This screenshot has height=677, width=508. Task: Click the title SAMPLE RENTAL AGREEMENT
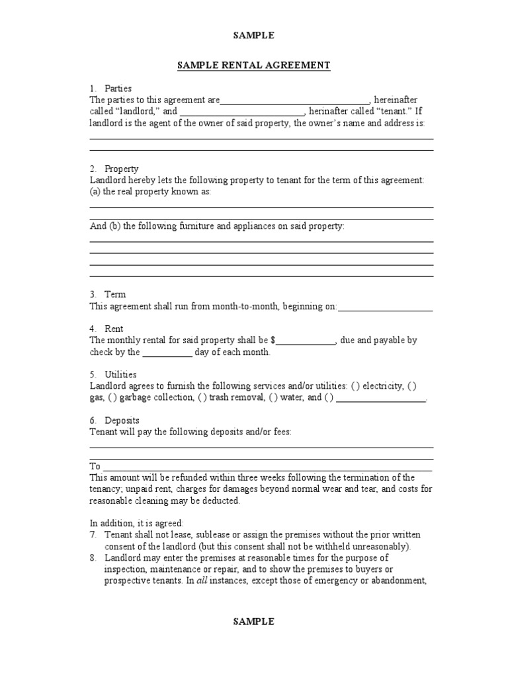point(253,65)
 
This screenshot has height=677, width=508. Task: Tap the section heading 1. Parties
point(110,89)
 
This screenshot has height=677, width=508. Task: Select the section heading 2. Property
point(114,169)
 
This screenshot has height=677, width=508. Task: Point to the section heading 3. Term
point(108,295)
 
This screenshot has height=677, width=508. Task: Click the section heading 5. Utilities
point(113,375)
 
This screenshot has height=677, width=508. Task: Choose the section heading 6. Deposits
point(114,420)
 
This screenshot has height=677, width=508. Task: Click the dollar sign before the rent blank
point(273,340)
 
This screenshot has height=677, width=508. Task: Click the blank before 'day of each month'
point(167,352)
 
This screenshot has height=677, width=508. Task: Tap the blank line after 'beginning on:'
point(385,307)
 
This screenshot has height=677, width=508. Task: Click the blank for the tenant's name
point(242,112)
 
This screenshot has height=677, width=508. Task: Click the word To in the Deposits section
point(95,467)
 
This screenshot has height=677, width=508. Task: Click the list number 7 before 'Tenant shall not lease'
point(93,535)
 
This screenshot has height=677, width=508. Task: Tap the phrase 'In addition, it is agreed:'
point(136,524)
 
